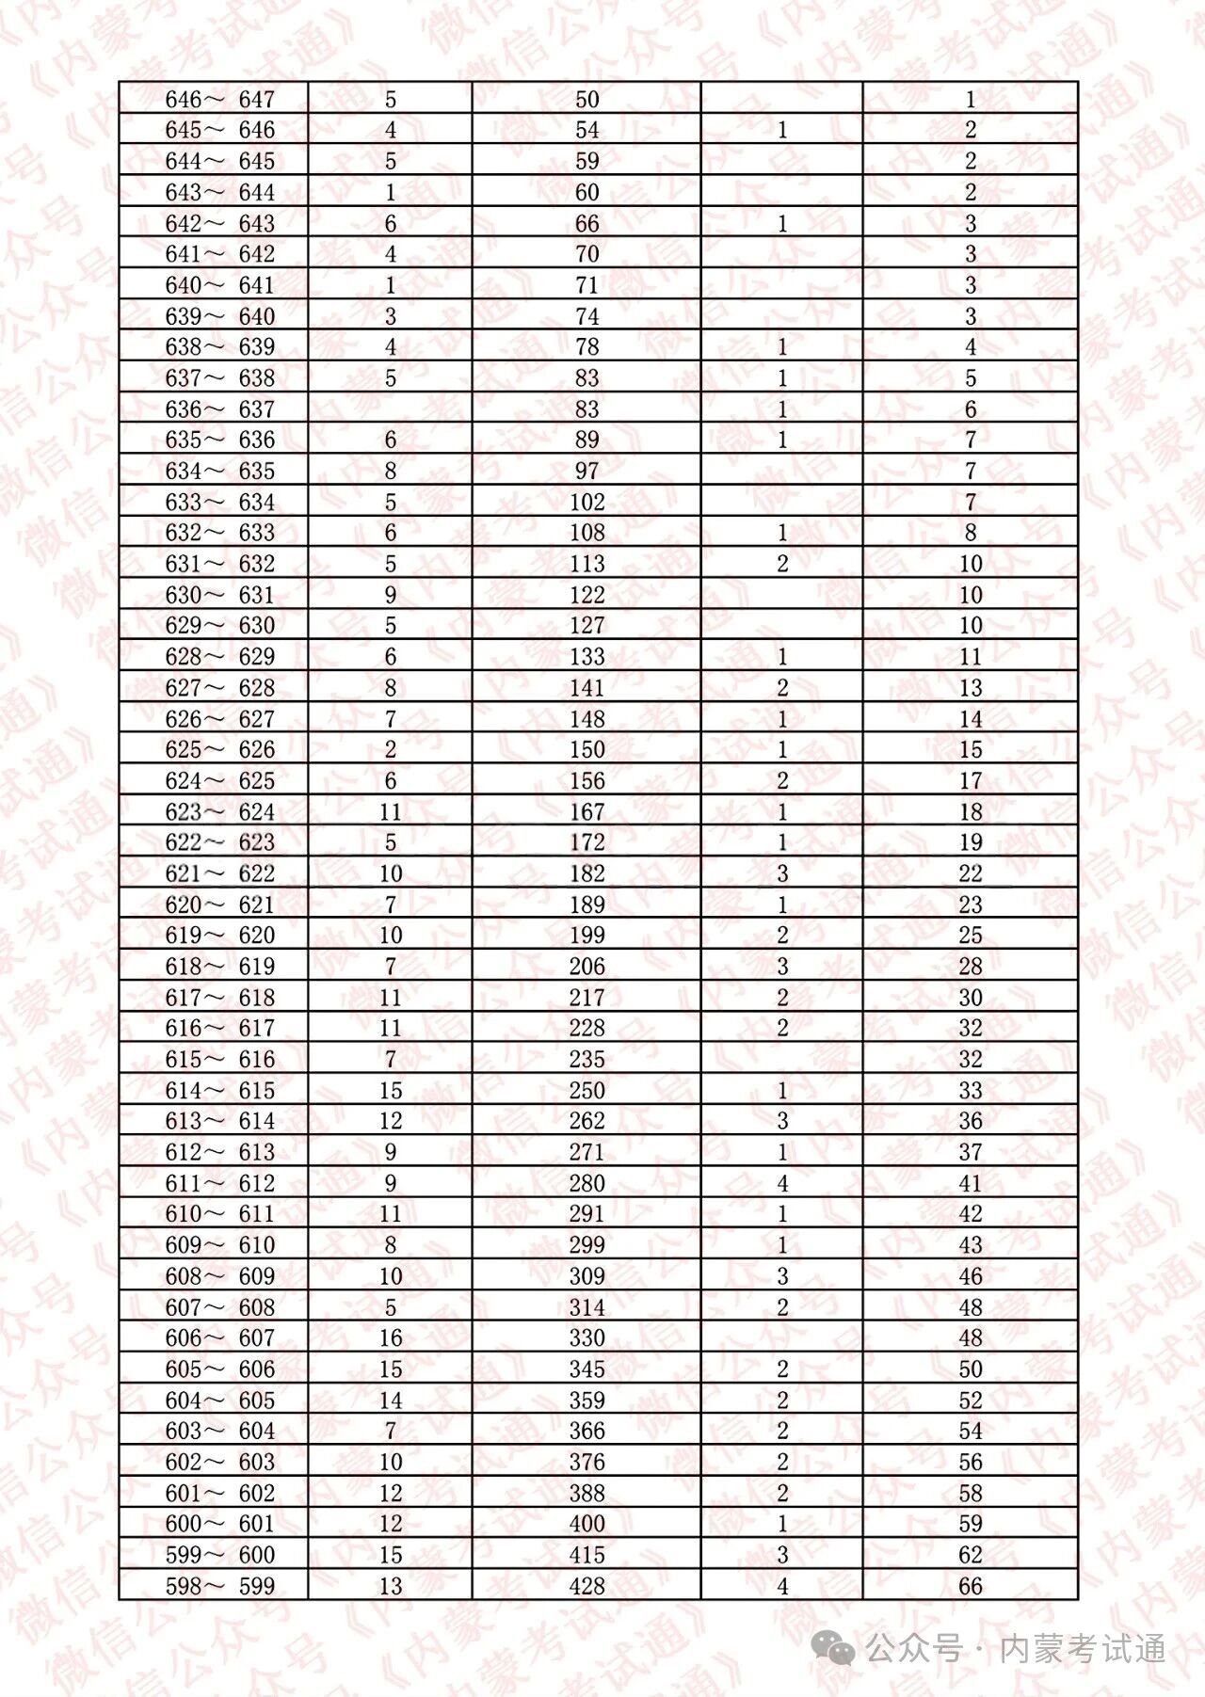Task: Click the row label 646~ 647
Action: [x=219, y=100]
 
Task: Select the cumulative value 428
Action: [x=586, y=1586]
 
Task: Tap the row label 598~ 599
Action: [x=219, y=1586]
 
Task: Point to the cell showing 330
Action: [x=586, y=1337]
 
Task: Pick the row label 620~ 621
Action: [x=219, y=905]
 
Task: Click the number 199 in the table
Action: [x=586, y=936]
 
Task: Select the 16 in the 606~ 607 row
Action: [x=390, y=1337]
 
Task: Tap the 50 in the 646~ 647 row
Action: [x=586, y=100]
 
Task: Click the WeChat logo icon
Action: [x=834, y=1648]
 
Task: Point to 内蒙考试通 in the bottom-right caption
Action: [x=1082, y=1648]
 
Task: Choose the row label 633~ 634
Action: [x=219, y=502]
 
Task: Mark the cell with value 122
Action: [x=586, y=595]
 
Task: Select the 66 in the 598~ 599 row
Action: [x=970, y=1586]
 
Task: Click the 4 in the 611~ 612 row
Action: [x=781, y=1183]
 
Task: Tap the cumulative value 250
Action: [x=586, y=1090]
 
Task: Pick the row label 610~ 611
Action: [x=219, y=1214]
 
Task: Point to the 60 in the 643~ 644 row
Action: [x=586, y=192]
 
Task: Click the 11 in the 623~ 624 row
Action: [x=390, y=811]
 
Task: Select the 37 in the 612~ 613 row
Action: [x=970, y=1152]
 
